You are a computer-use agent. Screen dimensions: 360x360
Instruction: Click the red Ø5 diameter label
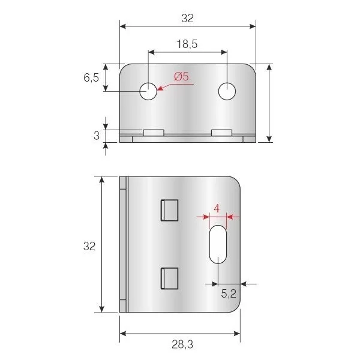click(181, 76)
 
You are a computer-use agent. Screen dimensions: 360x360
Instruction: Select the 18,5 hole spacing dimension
click(187, 44)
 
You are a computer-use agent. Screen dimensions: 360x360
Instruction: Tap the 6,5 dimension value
click(91, 77)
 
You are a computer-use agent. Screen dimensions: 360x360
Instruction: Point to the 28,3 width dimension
click(182, 344)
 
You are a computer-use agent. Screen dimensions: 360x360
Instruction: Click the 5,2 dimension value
click(229, 293)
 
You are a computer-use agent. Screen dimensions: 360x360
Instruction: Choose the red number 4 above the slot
click(217, 209)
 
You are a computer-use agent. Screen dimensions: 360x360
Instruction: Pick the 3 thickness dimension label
click(97, 136)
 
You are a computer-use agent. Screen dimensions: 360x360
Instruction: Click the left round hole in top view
click(148, 91)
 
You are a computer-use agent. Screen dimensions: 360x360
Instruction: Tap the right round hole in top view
click(227, 91)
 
